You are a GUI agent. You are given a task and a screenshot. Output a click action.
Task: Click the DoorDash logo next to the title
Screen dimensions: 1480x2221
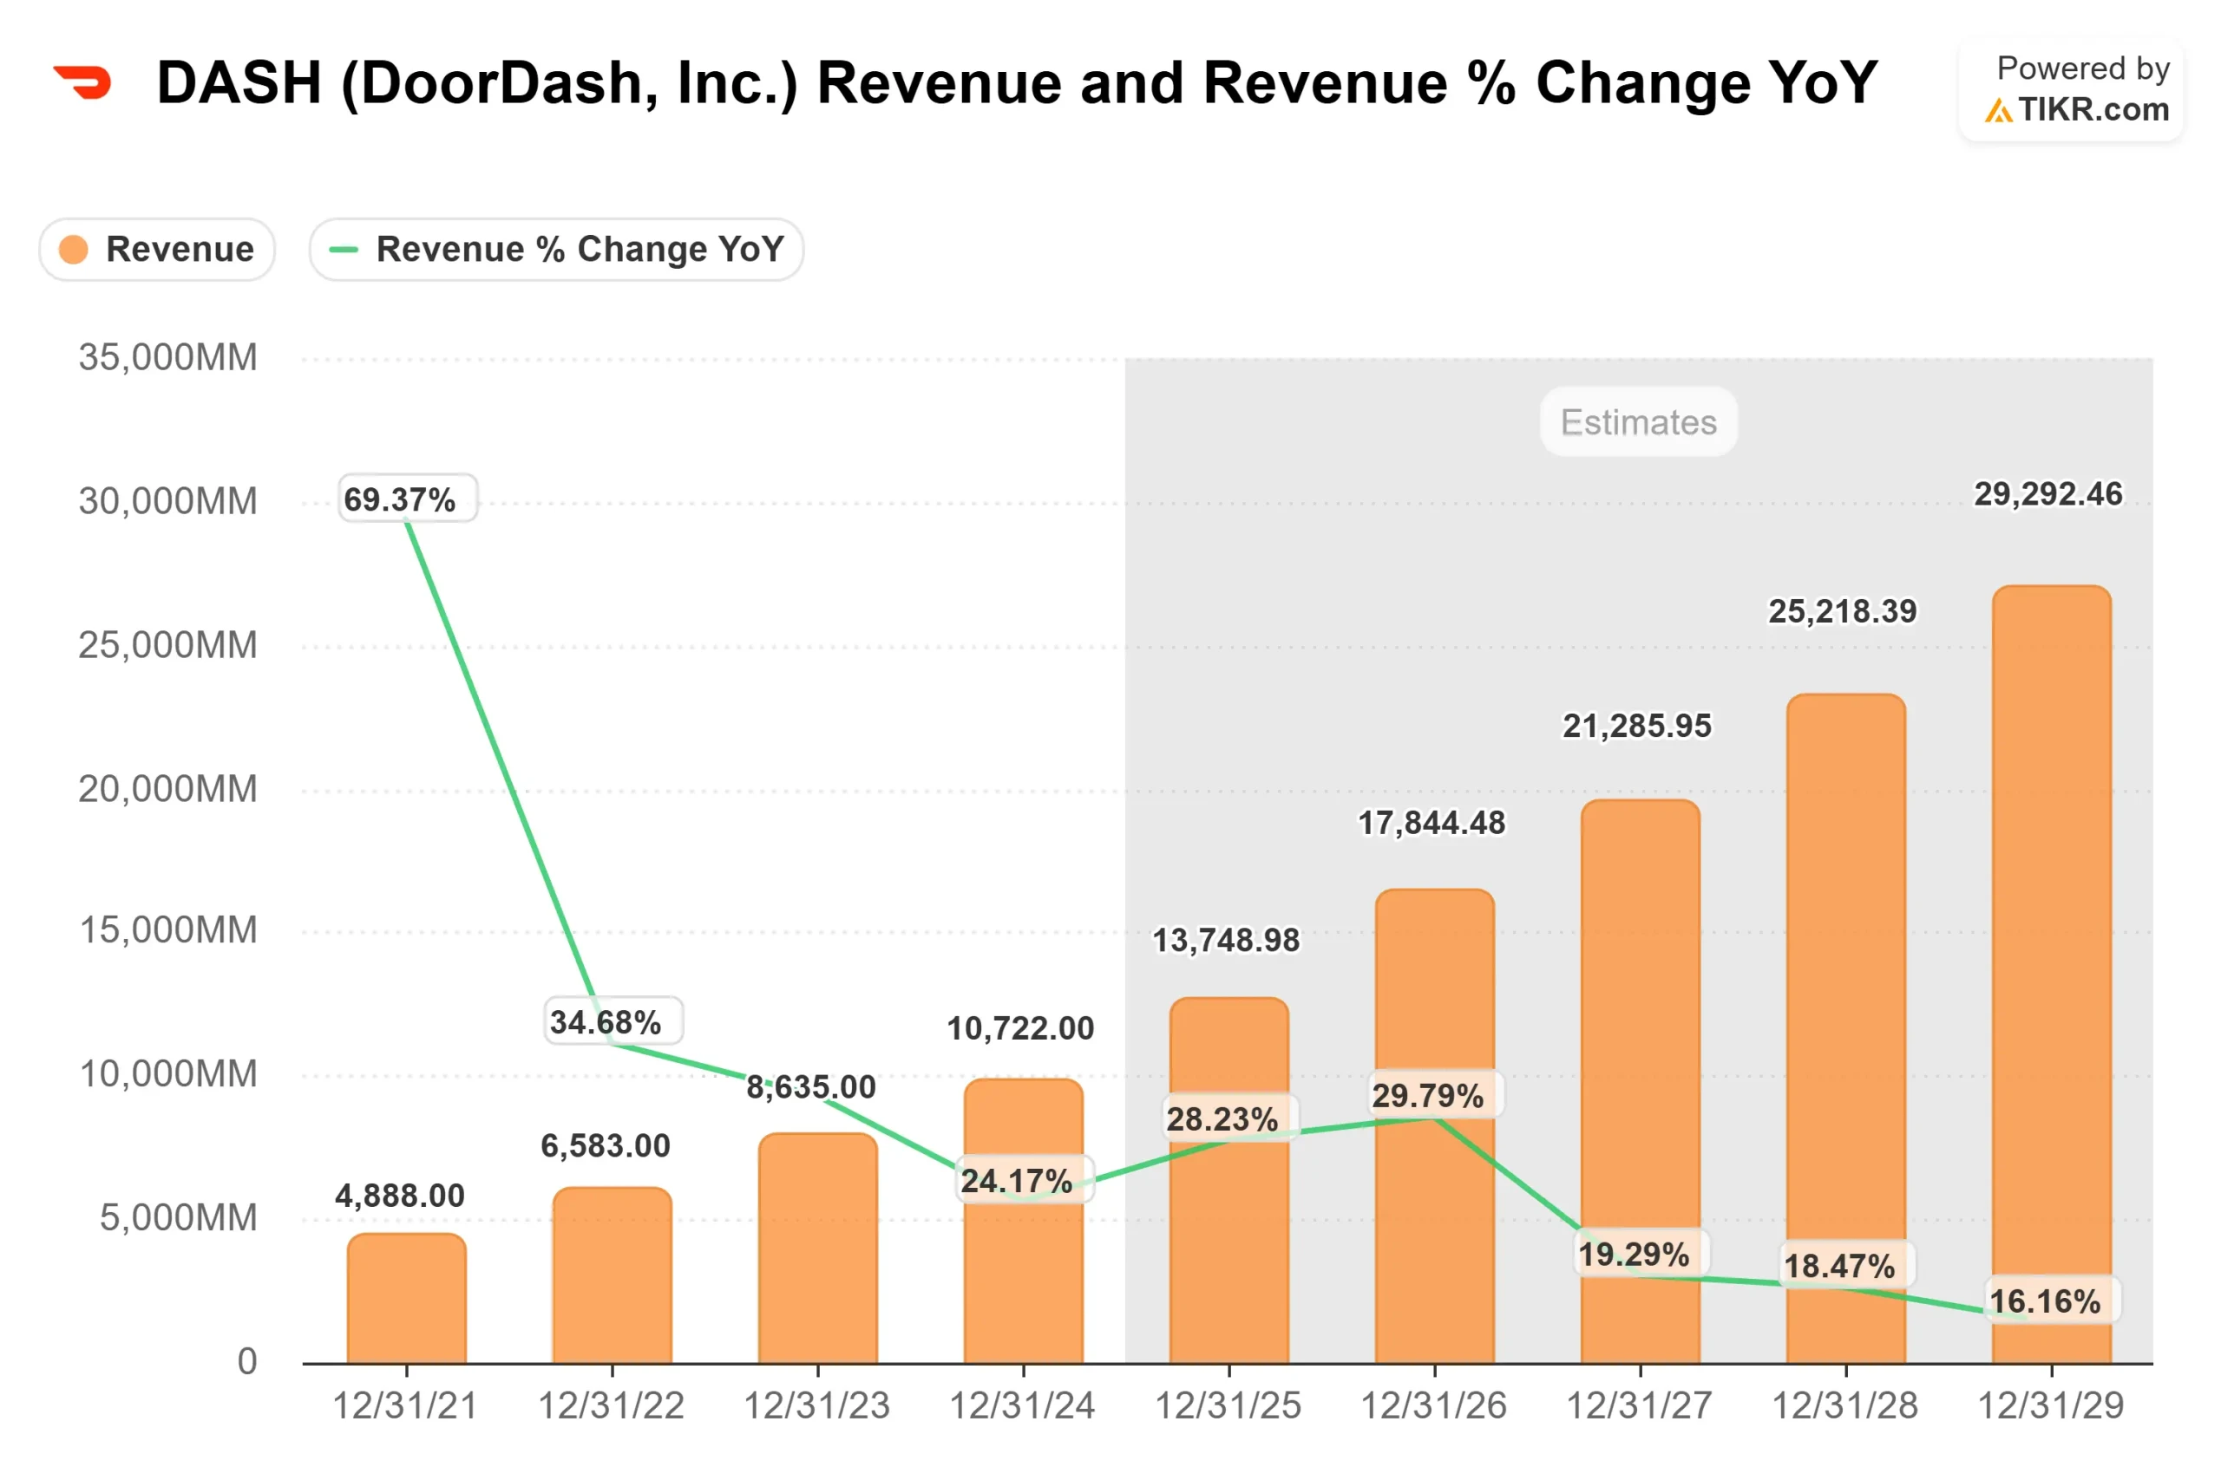[83, 82]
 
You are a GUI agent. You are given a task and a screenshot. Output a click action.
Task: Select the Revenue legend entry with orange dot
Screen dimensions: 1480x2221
[157, 249]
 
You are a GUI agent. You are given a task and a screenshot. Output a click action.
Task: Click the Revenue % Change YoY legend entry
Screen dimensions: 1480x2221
[556, 249]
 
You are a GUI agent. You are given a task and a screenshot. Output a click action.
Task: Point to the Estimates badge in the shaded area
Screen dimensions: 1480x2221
[1638, 422]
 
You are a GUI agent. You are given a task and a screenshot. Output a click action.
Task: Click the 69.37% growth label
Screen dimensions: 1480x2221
[408, 499]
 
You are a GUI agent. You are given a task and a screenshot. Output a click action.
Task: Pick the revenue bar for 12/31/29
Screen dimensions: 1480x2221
[2051, 972]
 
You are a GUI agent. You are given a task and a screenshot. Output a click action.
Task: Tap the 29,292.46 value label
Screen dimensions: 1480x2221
[2047, 493]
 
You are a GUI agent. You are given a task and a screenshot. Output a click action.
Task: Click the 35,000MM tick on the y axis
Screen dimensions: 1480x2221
[167, 358]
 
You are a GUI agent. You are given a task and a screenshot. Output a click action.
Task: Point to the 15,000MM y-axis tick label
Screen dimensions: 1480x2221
[167, 930]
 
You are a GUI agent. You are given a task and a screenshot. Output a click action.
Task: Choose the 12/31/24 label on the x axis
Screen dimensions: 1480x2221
[1023, 1406]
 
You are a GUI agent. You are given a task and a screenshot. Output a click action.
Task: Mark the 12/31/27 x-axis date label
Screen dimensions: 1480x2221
[1640, 1406]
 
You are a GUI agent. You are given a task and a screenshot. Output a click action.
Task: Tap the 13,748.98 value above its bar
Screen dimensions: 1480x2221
[1226, 940]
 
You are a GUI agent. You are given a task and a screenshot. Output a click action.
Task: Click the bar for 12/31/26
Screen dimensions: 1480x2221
[1434, 1227]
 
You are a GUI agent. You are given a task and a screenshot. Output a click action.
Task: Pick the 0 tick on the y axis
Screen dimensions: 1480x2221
[246, 1361]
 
